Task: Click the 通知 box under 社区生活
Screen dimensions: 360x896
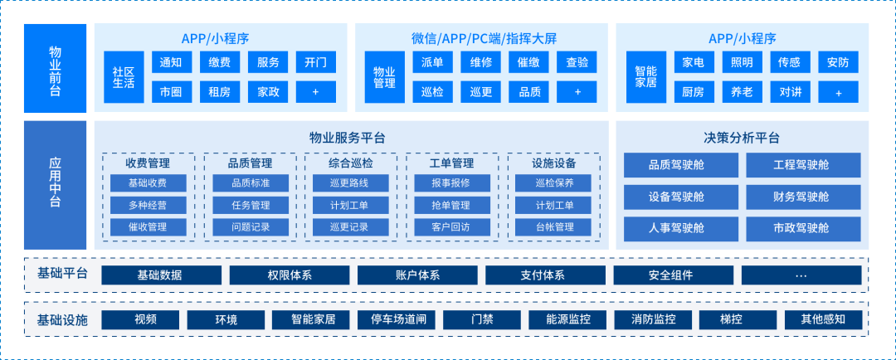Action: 172,62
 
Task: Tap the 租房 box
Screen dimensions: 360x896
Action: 220,92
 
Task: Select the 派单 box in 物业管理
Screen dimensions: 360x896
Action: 432,62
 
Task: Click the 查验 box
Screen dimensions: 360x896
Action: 577,62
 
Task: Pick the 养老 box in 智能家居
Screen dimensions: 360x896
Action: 741,92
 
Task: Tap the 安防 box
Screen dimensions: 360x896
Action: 837,62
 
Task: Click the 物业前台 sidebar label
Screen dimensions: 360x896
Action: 56,68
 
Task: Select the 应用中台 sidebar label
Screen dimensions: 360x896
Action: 56,185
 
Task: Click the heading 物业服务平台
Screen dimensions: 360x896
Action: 347,138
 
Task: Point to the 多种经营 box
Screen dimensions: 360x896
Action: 148,205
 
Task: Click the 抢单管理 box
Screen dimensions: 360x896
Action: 451,205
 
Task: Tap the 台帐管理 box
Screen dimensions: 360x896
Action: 554,226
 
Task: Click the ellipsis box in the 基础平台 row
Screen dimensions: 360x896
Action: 801,275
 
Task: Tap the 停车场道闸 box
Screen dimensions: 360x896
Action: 397,319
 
